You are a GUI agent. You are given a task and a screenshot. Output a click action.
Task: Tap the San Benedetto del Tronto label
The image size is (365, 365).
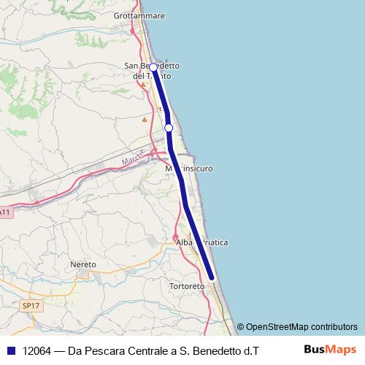[x=153, y=71]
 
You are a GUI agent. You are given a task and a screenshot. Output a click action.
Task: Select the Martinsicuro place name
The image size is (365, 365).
[x=189, y=169]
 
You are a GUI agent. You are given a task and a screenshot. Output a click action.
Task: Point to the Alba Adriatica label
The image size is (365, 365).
[x=202, y=242]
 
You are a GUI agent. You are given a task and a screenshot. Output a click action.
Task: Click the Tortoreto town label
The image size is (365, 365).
[x=185, y=286]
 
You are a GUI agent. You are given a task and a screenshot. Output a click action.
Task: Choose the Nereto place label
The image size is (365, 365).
[x=82, y=264]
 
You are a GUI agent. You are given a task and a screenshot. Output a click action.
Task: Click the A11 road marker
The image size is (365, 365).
[x=5, y=212]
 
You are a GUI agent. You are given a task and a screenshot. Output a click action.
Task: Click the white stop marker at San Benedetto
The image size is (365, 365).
[x=153, y=67]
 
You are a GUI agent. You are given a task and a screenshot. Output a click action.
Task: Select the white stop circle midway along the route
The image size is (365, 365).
[x=169, y=128]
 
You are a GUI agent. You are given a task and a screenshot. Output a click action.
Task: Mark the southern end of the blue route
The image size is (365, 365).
[x=212, y=277]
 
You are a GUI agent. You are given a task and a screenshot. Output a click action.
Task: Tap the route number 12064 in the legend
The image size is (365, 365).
[x=36, y=350]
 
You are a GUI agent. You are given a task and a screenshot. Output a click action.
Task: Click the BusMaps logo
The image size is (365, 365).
[x=331, y=350]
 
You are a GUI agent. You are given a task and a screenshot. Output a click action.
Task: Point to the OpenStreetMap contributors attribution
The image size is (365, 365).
[x=301, y=327]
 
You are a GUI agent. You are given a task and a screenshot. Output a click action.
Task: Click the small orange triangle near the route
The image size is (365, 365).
[x=145, y=119]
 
